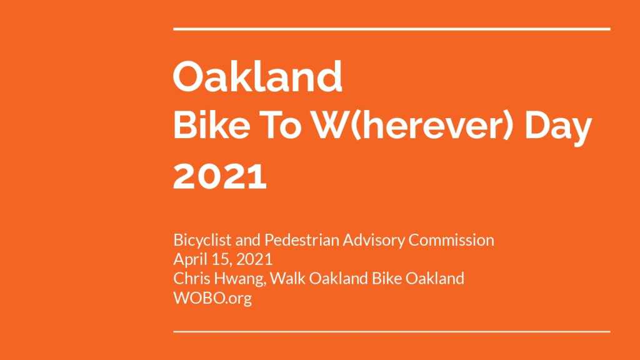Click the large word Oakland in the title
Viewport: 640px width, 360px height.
[x=257, y=76]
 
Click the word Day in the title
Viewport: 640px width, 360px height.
[x=558, y=127]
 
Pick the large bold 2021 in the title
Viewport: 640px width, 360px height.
[x=220, y=176]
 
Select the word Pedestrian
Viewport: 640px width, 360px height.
[x=302, y=239]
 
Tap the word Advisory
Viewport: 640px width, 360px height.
[x=374, y=240]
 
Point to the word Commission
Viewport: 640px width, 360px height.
[x=451, y=239]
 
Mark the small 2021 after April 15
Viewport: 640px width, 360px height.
[x=254, y=259]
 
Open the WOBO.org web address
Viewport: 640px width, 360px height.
[x=212, y=298]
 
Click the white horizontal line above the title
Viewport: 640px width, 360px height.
[x=392, y=29]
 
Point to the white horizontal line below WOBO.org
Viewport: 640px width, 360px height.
[x=392, y=331]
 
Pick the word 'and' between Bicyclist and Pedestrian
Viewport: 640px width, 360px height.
[x=247, y=240]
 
